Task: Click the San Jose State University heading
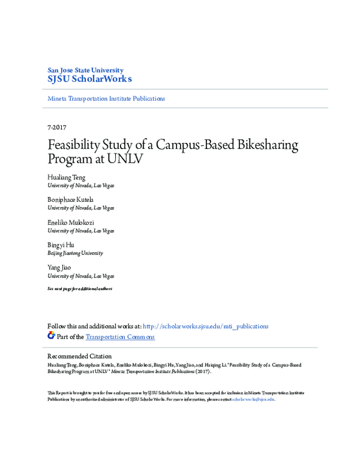[x=85, y=70]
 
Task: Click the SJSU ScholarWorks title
[x=89, y=79]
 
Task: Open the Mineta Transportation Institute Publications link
[x=106, y=98]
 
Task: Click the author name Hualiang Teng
[x=67, y=178]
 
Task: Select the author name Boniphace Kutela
[x=70, y=200]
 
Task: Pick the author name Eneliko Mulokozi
[x=71, y=223]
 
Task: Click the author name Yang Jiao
[x=59, y=268]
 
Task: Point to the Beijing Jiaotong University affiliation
[x=75, y=253]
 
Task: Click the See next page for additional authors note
[x=80, y=289]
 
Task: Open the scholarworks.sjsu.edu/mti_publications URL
[x=206, y=326]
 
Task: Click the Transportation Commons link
[x=120, y=337]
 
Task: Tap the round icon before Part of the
[x=51, y=336]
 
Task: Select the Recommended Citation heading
[x=79, y=356]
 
